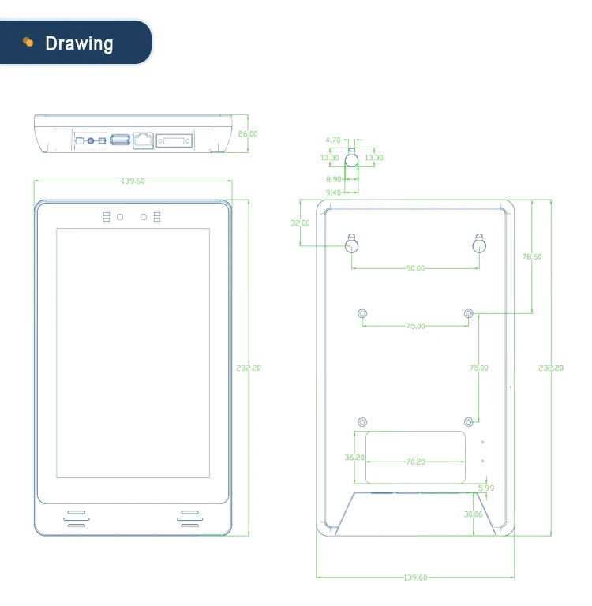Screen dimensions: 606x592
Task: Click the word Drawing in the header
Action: (x=79, y=43)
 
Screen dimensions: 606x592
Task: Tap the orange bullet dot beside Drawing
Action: (x=28, y=42)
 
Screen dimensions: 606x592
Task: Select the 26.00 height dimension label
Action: (x=248, y=134)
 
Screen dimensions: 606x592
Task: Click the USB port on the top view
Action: (x=119, y=140)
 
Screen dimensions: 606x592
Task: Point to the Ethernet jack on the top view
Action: (x=143, y=140)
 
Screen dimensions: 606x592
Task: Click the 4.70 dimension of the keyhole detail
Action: (x=332, y=140)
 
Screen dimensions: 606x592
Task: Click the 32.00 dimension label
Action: (x=300, y=223)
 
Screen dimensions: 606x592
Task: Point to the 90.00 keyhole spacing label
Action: (x=415, y=268)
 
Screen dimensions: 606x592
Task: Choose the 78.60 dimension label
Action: (x=532, y=256)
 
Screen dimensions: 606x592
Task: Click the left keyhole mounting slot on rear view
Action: (x=352, y=244)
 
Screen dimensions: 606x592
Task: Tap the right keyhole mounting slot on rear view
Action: (x=479, y=244)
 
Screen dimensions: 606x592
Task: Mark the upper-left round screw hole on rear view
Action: (x=362, y=314)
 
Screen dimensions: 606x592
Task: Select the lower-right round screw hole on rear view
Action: (x=469, y=421)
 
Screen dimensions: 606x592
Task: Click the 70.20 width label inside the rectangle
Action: (x=415, y=462)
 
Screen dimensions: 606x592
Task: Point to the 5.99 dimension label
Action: (x=486, y=488)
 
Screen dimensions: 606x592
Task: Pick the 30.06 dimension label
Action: (x=474, y=514)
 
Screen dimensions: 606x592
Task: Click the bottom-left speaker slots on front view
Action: (x=76, y=518)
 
